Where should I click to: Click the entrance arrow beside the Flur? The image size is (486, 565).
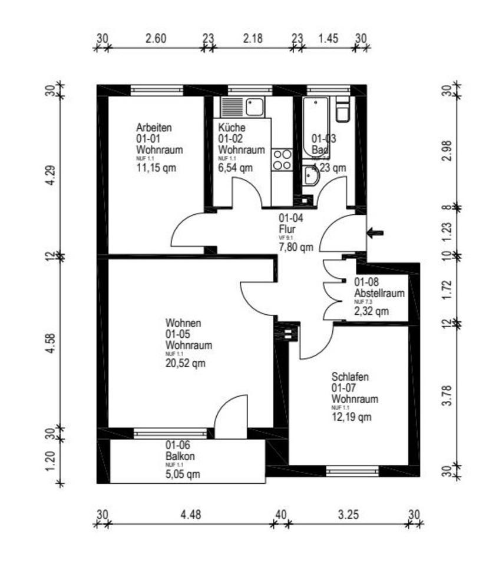375,233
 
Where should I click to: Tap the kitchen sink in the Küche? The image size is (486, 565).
256,107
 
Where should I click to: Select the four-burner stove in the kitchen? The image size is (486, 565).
282,159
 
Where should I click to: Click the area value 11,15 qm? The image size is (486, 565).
156,168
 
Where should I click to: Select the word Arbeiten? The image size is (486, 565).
154,128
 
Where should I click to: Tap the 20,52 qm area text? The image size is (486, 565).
186,363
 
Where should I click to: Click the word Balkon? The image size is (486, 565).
180,456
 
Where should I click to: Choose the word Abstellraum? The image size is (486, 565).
379,293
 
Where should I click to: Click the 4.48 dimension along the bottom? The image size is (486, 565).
190,514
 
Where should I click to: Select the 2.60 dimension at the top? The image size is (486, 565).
156,39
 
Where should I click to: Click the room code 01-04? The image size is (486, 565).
291,217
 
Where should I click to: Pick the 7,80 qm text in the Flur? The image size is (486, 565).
296,247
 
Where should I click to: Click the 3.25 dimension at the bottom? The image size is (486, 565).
349,514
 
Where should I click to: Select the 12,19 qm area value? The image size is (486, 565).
351,418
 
